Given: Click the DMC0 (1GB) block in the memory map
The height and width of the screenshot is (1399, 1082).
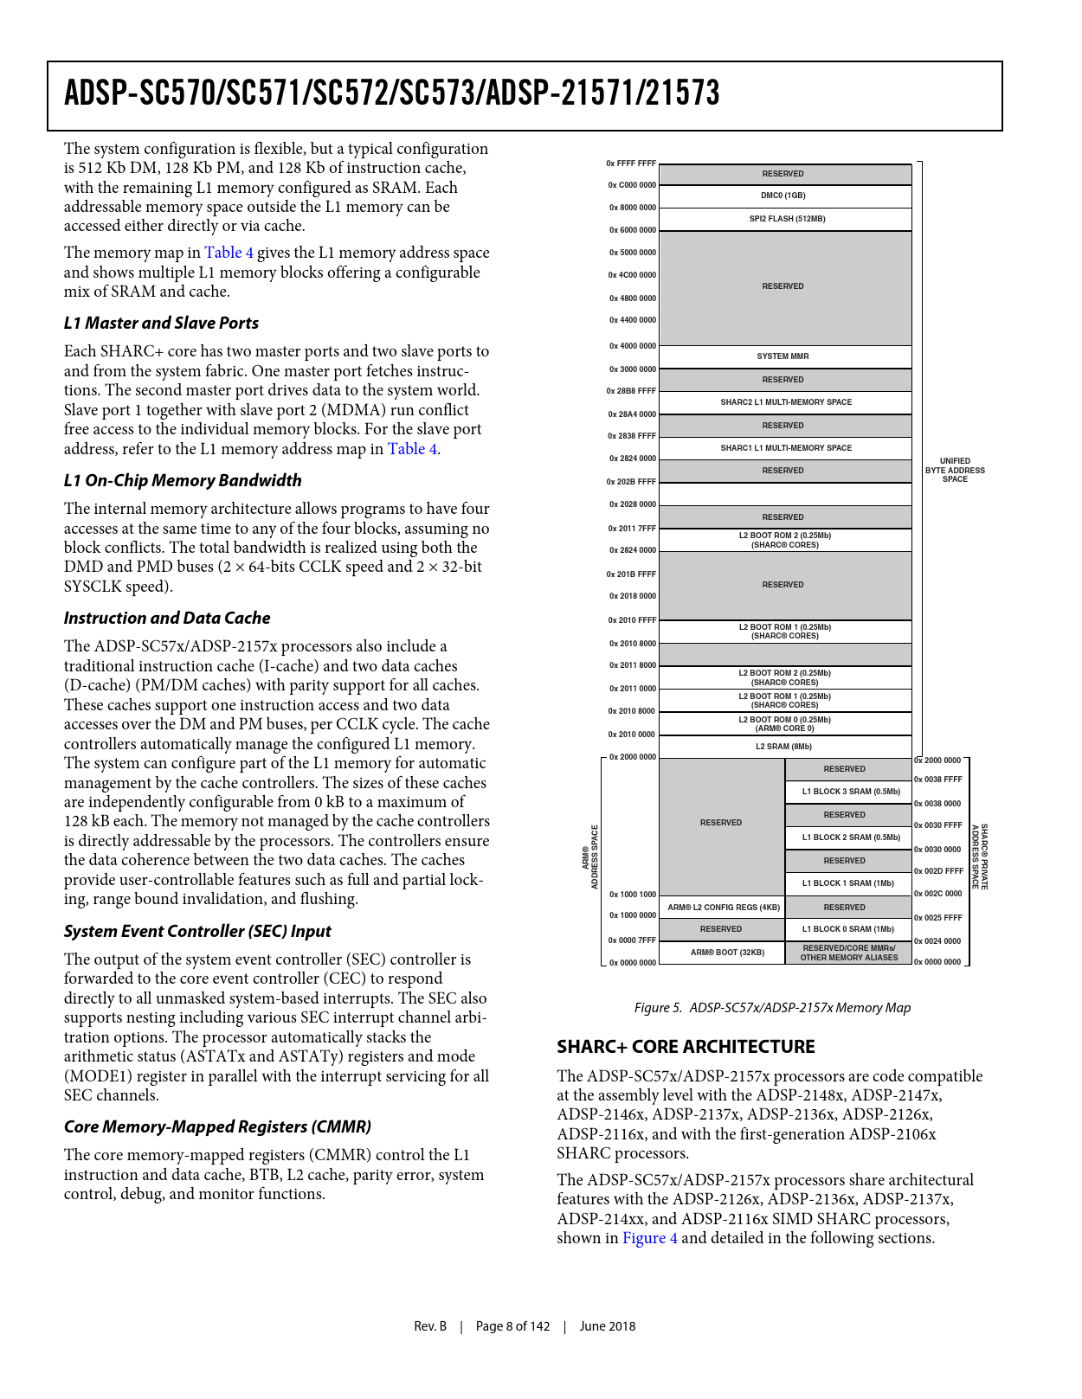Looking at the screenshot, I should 783,196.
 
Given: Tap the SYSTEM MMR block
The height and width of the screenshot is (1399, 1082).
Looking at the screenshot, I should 783,356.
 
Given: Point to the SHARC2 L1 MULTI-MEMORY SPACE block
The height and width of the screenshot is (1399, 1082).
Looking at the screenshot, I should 786,402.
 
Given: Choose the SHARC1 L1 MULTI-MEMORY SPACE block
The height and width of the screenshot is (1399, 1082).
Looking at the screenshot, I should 786,448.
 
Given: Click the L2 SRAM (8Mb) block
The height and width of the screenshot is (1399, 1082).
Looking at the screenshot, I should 783,747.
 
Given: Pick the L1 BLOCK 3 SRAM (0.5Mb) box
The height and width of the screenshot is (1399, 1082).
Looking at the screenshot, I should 850,792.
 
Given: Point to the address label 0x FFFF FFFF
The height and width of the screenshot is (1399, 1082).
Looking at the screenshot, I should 631,164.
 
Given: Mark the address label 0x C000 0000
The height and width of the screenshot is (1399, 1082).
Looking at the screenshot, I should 632,185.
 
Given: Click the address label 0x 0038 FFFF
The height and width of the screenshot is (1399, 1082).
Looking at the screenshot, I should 938,780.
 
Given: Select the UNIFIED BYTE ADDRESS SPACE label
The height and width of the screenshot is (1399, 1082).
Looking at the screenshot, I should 955,470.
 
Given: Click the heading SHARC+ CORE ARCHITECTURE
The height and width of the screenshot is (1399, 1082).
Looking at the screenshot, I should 686,1047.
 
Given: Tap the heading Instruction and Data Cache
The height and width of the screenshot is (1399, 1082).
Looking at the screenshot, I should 167,618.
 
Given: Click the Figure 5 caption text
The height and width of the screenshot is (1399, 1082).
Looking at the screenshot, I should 772,1008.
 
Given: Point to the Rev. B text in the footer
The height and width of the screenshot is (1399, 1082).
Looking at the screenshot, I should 430,1326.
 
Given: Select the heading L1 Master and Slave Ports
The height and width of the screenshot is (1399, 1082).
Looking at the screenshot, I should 161,323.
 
